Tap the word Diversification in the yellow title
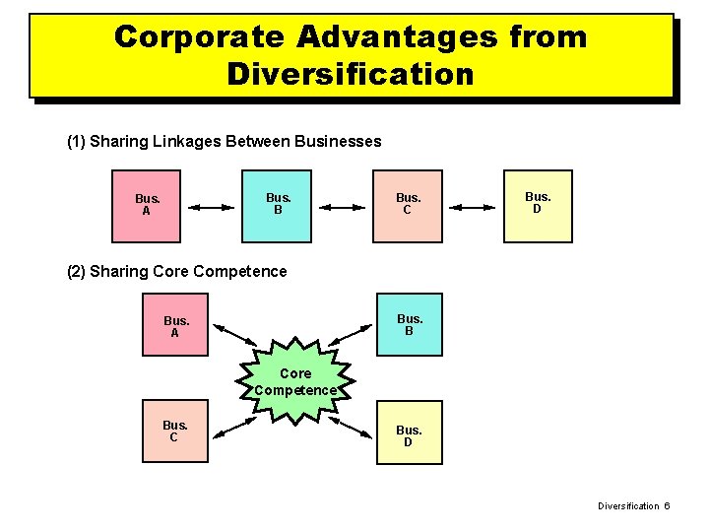[350, 74]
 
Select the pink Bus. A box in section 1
[148, 205]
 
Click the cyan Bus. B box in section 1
[279, 205]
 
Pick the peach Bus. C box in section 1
[408, 205]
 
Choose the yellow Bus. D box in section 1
[538, 204]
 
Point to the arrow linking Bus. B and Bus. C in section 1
[343, 207]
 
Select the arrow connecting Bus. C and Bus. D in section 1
[472, 207]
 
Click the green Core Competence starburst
[295, 381]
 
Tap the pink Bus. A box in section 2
[176, 326]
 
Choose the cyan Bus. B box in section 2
[409, 324]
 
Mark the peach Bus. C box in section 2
[173, 432]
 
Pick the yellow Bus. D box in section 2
[408, 434]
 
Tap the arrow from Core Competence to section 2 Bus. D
[354, 426]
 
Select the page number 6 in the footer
[666, 505]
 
